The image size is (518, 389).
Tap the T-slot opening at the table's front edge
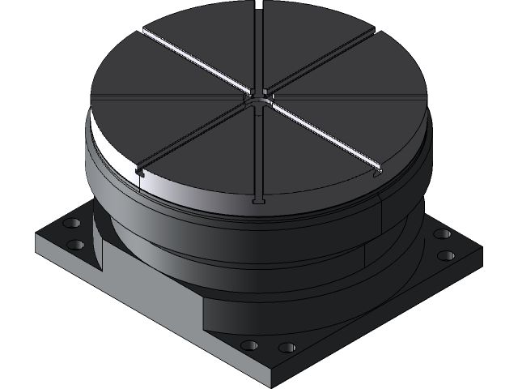coord(258,200)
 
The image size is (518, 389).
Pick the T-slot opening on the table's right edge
coord(377,173)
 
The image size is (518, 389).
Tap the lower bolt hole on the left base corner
coord(74,244)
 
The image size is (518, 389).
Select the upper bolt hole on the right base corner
coord(441,234)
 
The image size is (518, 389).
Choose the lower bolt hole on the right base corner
coord(446,256)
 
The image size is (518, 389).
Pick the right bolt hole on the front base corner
coord(287,348)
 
